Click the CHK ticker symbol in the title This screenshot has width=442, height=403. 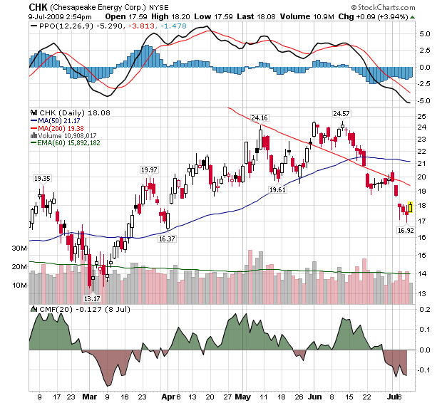coord(38,6)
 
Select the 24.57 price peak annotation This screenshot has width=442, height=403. coord(342,113)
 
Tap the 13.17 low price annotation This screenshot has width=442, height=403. coord(92,298)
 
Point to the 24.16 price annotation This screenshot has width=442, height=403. coord(259,117)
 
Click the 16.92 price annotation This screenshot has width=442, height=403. coord(406,230)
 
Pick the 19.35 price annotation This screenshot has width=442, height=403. coord(43,178)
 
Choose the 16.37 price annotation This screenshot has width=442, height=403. coord(168,239)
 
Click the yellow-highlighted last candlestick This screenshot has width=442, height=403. coord(411,207)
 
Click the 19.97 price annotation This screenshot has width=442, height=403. coord(148,169)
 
